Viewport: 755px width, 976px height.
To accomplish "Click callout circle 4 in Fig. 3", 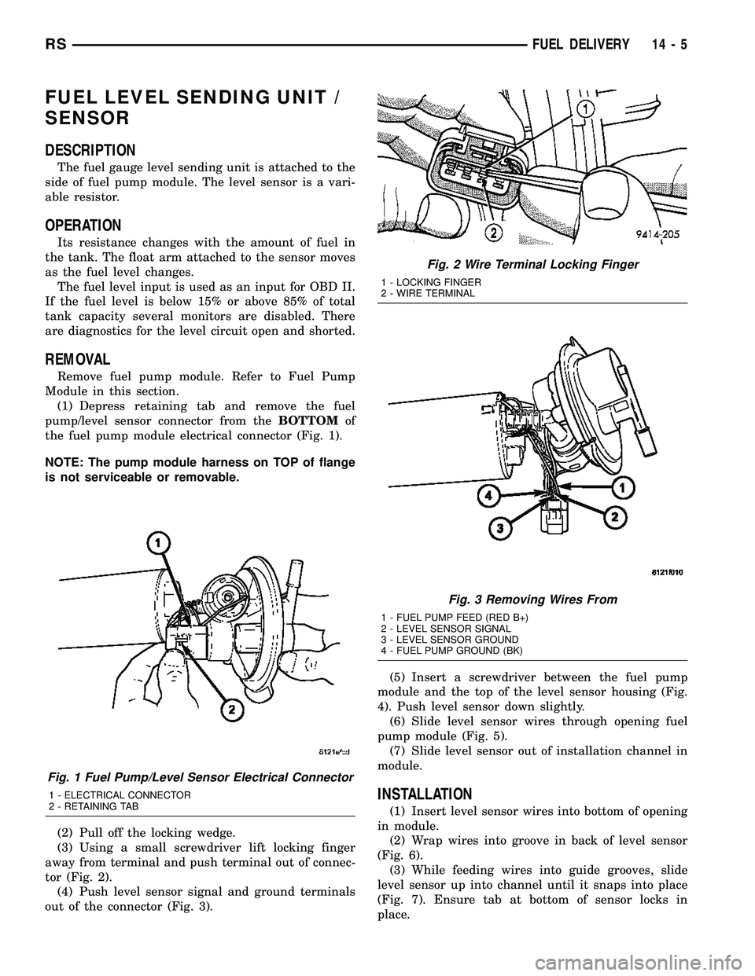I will pyautogui.click(x=486, y=497).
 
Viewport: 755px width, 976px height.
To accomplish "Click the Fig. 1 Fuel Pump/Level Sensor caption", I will pyautogui.click(x=208, y=777).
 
